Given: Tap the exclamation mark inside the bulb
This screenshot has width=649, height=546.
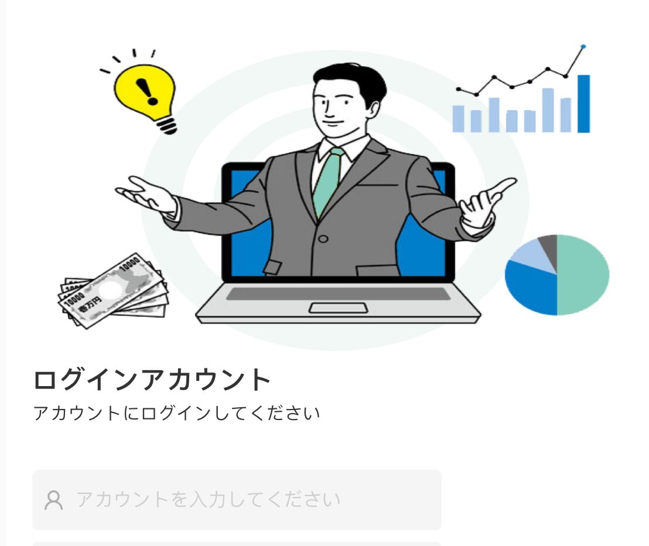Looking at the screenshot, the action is pyautogui.click(x=146, y=91).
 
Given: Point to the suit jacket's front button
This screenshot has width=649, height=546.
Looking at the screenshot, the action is pyautogui.click(x=323, y=239).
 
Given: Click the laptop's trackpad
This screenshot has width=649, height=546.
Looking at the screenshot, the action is pyautogui.click(x=339, y=308).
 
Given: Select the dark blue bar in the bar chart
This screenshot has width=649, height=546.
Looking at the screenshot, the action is pyautogui.click(x=583, y=104).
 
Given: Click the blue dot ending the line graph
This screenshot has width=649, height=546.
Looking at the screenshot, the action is pyautogui.click(x=583, y=46).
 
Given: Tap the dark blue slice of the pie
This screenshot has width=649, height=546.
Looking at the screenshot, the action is pyautogui.click(x=531, y=288).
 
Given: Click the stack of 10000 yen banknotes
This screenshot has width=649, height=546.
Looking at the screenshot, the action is pyautogui.click(x=113, y=291).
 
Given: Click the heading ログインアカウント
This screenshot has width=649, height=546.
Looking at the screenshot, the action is pyautogui.click(x=152, y=380).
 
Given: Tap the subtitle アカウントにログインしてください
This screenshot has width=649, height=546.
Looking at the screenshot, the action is pyautogui.click(x=177, y=414).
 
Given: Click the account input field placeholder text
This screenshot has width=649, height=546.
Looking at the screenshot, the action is pyautogui.click(x=208, y=499).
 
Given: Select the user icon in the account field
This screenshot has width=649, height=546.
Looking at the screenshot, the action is pyautogui.click(x=53, y=500).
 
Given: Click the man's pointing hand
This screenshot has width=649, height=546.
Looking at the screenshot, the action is pyautogui.click(x=487, y=202).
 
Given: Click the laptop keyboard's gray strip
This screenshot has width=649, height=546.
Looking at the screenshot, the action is pyautogui.click(x=338, y=294).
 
